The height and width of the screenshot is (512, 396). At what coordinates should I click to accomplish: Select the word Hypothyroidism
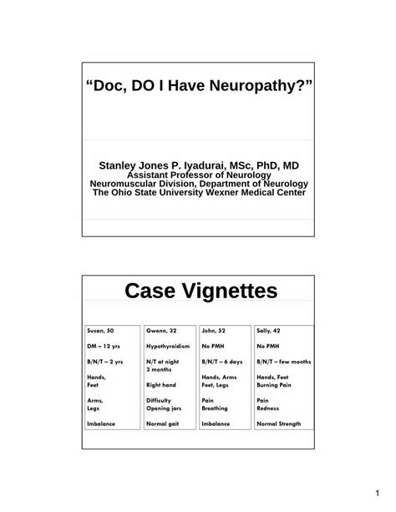[x=167, y=346]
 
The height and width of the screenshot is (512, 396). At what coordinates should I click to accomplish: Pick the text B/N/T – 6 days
[x=221, y=362]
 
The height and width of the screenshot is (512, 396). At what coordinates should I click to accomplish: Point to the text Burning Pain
[x=277, y=385]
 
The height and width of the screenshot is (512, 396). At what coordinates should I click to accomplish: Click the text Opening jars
[x=165, y=408]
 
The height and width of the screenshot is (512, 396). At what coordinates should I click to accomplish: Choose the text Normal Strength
[x=283, y=424]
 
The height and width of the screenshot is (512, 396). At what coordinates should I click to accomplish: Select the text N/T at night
[x=165, y=362]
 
